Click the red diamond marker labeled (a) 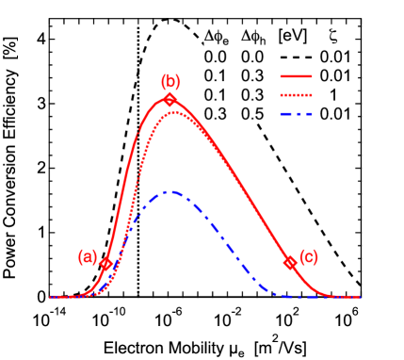pos(106,265)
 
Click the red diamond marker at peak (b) pos(170,99)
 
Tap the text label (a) pos(88,255)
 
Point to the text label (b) pos(170,80)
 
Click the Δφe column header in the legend pos(217,38)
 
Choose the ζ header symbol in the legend pos(335,37)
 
